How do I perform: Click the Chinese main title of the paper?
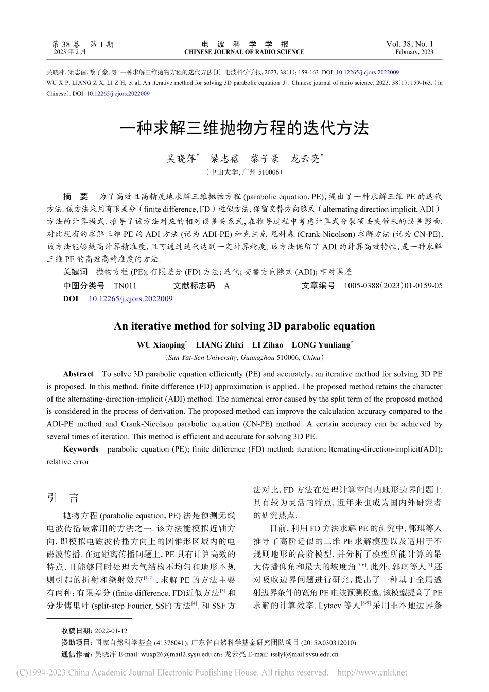244,128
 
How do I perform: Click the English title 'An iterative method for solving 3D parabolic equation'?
244,326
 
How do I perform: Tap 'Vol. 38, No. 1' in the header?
409,44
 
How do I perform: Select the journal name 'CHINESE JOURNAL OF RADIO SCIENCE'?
244,52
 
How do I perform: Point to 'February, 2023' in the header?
414,52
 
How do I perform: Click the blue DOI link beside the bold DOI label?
131,299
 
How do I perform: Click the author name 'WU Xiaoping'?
161,345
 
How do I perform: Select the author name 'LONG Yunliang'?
321,345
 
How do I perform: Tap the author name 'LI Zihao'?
267,345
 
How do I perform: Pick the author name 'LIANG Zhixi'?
220,345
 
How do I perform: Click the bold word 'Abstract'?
78,374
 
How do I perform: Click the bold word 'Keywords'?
80,449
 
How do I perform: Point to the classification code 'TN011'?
125,286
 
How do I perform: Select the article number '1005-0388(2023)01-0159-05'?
393,286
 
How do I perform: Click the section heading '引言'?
63,497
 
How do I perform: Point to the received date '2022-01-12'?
111,631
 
